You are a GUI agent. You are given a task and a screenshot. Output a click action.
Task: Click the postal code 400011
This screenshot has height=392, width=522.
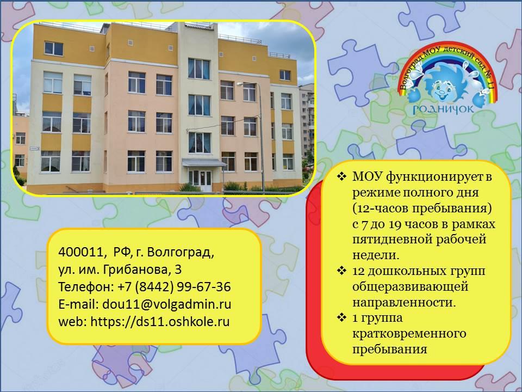point(81,252)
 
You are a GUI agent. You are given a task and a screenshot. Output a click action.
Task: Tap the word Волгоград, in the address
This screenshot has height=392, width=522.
point(181,252)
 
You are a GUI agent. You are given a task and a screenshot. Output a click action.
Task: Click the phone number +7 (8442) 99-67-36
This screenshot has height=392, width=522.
point(175,287)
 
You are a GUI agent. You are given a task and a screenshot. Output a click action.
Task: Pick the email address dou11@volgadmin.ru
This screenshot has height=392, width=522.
point(167,304)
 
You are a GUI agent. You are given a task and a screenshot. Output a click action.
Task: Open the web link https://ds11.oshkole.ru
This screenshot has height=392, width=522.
point(160,322)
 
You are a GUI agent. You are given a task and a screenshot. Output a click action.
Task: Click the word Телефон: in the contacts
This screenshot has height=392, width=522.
point(86,287)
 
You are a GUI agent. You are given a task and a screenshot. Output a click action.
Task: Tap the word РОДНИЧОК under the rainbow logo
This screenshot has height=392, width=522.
point(443,109)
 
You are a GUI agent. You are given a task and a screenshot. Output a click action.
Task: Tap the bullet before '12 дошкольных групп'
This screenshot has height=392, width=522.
point(342,271)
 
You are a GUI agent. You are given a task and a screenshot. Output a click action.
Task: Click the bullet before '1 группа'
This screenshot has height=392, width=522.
point(342,317)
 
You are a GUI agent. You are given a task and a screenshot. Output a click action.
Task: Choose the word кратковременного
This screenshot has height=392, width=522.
point(409,334)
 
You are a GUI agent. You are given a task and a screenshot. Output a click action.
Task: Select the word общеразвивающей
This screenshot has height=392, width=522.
point(410,287)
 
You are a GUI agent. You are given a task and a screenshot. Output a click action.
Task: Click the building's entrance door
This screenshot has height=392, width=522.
point(201,180)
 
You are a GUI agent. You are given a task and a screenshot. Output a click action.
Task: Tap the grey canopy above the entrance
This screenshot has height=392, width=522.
point(203,163)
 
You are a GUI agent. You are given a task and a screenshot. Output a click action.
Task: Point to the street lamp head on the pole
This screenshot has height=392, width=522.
point(240,84)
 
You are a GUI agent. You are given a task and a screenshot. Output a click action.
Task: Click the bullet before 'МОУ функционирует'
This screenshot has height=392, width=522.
point(342,176)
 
